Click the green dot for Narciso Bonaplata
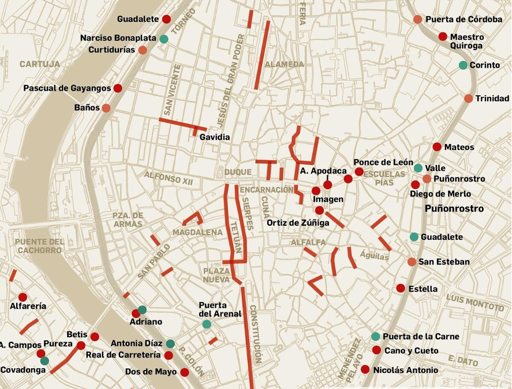(x=164, y=39)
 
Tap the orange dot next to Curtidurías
(x=143, y=50)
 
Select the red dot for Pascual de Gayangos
(x=118, y=88)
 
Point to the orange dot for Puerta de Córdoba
(x=417, y=20)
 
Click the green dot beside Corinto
(x=463, y=65)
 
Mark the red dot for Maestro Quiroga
(x=443, y=36)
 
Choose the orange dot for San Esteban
(x=412, y=262)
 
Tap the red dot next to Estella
(x=401, y=288)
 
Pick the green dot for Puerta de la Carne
(x=376, y=337)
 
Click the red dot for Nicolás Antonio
(x=365, y=369)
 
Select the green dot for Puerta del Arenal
(x=207, y=324)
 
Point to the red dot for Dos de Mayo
(x=185, y=372)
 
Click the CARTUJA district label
(x=40, y=64)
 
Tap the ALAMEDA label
(x=284, y=64)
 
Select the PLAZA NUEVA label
(x=216, y=275)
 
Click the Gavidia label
(x=215, y=137)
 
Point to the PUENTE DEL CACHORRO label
(x=40, y=246)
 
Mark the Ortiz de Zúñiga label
(x=298, y=222)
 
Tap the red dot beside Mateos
(x=437, y=147)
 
